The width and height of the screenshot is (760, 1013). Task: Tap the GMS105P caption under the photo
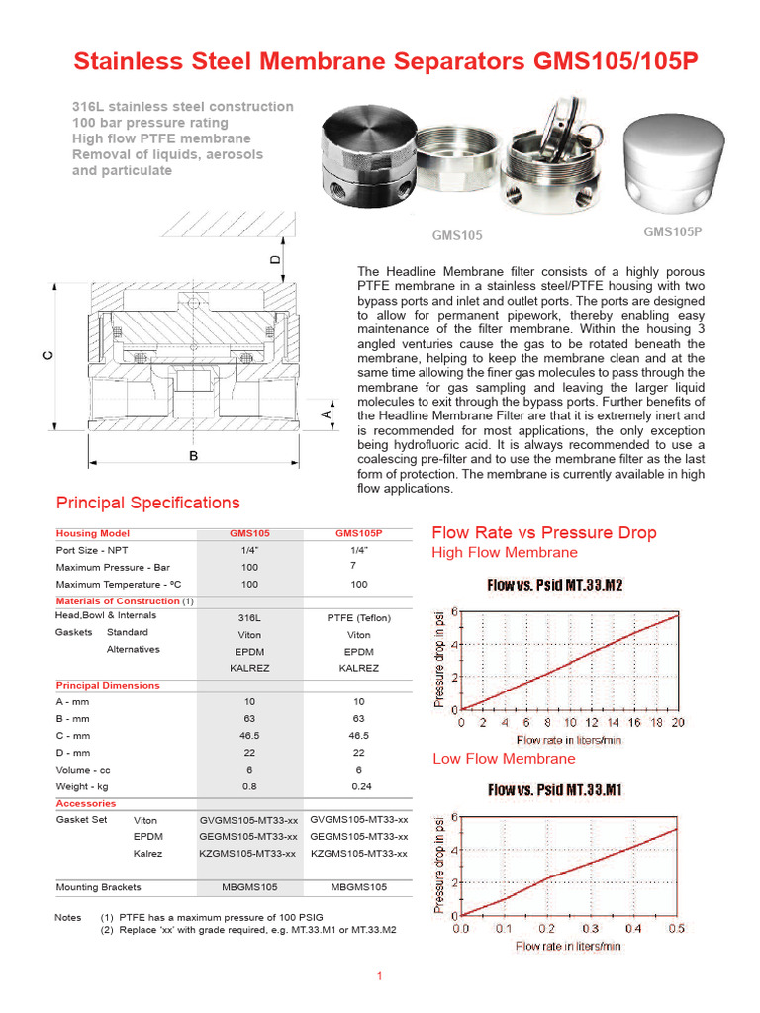coord(672,232)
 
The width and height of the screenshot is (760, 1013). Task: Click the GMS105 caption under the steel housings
coord(457,235)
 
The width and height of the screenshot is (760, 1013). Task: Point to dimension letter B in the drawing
coord(194,456)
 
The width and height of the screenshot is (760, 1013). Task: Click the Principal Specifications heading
coord(147,503)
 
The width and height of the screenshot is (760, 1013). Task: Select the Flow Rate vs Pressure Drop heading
coord(543,533)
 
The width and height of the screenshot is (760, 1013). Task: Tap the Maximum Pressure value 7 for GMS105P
coord(352,565)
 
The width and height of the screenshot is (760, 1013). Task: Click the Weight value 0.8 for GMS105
coord(249,786)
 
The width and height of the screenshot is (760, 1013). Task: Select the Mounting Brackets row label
coord(98,887)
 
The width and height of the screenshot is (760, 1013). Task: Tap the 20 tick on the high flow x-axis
coord(677,723)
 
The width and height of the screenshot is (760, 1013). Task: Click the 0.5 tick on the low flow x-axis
coord(677,929)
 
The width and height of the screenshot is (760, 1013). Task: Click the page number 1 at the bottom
coord(379,977)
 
